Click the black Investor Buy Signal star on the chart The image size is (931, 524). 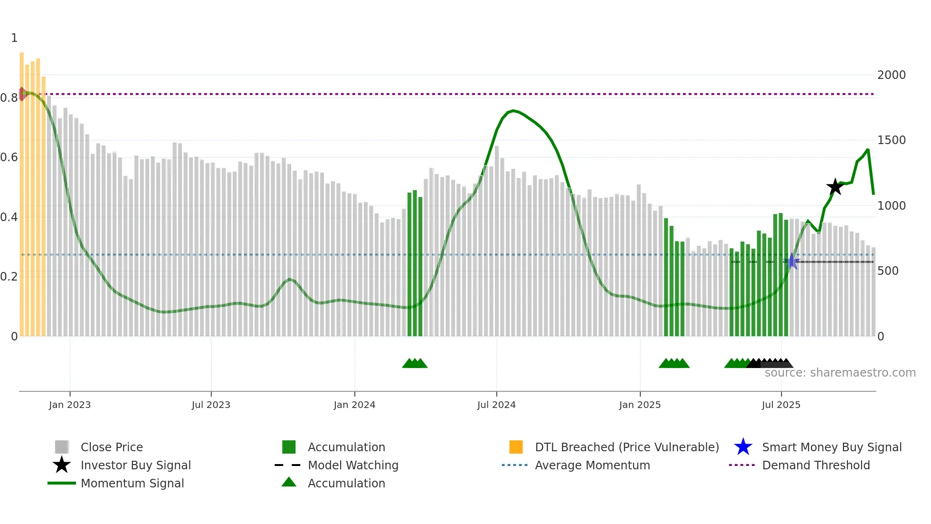click(x=835, y=187)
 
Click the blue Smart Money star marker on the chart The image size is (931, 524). click(x=792, y=261)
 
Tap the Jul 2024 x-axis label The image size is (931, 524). click(x=496, y=405)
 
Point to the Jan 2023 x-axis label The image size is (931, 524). click(x=70, y=405)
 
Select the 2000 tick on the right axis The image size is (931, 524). click(x=891, y=75)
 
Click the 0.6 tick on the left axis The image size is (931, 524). click(x=9, y=157)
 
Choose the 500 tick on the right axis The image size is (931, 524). click(x=888, y=271)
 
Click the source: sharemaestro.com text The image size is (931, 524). click(x=840, y=373)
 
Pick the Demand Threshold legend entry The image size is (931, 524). click(x=816, y=465)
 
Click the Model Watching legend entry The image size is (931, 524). click(x=352, y=465)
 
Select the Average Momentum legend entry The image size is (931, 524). click(x=592, y=465)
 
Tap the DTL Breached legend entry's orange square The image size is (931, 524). click(x=516, y=447)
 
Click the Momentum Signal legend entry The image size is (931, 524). click(x=132, y=483)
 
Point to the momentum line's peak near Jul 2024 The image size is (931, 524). click(x=513, y=111)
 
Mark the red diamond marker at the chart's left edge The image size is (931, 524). click(x=22, y=94)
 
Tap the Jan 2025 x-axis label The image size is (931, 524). click(x=640, y=405)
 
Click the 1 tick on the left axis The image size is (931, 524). click(x=14, y=38)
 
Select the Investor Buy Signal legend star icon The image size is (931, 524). click(x=62, y=465)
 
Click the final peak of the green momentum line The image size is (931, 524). click(x=867, y=150)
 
